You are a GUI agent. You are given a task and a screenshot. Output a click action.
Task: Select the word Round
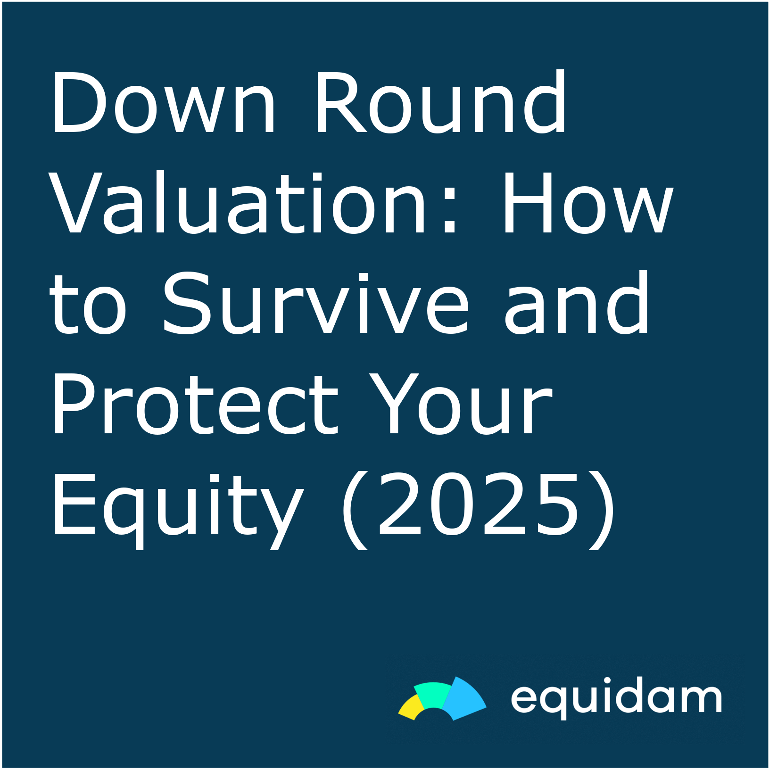coord(440,102)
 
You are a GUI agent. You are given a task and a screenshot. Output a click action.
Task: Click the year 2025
coord(478,504)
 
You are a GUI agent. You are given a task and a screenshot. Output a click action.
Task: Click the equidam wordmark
coord(616,698)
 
